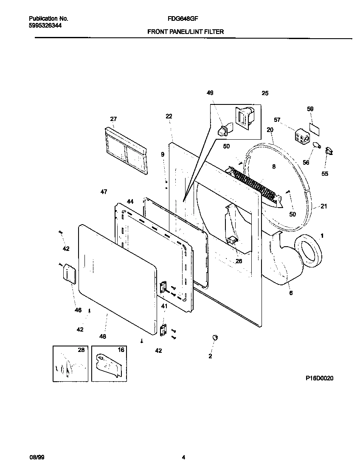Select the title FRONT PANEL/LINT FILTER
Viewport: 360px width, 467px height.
[186, 31]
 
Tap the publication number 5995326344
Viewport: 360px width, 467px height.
[45, 25]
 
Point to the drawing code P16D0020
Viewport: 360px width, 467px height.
[319, 378]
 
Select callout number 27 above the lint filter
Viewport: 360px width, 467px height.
[113, 119]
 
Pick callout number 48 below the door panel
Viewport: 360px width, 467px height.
[102, 336]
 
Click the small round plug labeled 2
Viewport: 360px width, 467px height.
[214, 337]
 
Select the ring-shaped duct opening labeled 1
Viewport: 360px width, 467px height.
[308, 252]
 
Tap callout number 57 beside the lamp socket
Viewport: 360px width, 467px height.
[277, 120]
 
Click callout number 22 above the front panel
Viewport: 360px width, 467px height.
[169, 116]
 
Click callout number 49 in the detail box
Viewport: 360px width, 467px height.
[210, 93]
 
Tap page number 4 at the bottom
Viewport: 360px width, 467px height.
[183, 457]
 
